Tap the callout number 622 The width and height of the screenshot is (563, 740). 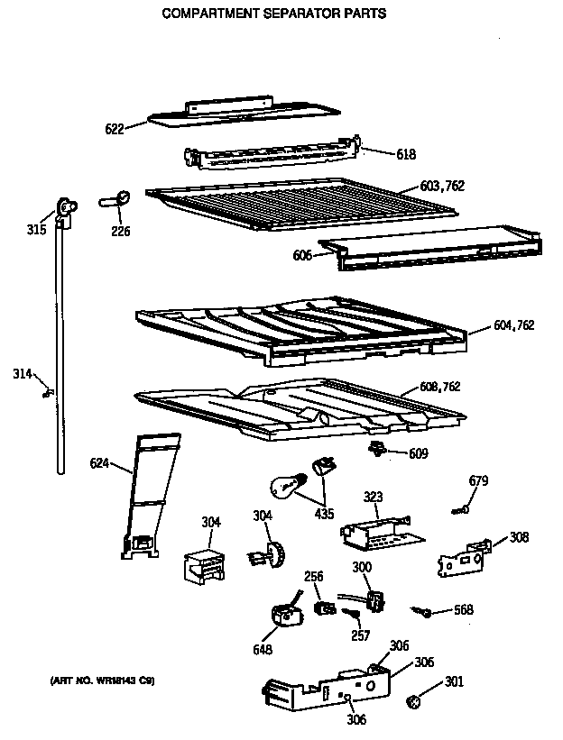pyautogui.click(x=115, y=130)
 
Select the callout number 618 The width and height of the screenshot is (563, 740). pyautogui.click(x=406, y=154)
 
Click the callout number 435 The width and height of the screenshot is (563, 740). pyautogui.click(x=324, y=515)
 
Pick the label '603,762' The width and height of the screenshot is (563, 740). pyautogui.click(x=443, y=187)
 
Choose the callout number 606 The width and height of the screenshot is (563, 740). pyautogui.click(x=302, y=256)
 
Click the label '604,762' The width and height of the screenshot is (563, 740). pyautogui.click(x=515, y=324)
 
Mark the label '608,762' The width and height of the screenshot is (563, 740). pyautogui.click(x=440, y=387)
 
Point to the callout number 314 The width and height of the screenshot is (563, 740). pyautogui.click(x=23, y=373)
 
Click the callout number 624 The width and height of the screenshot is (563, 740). pyautogui.click(x=99, y=463)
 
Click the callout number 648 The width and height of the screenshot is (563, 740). pyautogui.click(x=263, y=649)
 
